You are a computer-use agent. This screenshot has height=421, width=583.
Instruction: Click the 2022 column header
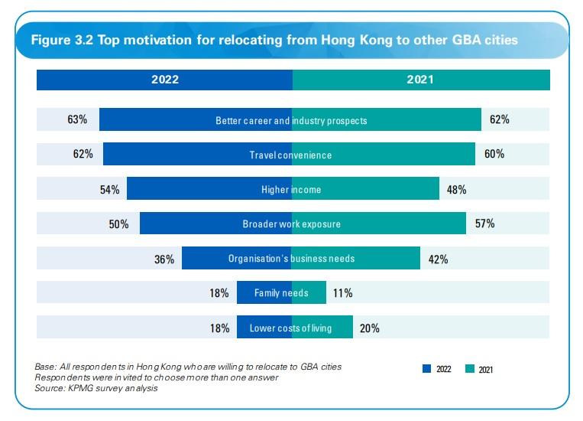click(164, 79)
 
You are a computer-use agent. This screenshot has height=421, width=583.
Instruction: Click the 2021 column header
click(420, 79)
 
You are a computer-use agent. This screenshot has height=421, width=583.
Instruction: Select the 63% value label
click(78, 120)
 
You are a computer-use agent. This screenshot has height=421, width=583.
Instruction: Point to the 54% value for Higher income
click(109, 190)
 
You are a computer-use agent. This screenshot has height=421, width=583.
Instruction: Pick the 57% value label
click(484, 224)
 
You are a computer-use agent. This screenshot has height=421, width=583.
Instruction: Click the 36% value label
click(164, 259)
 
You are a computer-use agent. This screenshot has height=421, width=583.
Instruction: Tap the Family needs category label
click(281, 293)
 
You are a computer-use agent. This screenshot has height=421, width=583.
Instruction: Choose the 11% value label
click(342, 293)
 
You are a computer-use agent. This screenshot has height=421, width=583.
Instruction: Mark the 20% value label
click(369, 328)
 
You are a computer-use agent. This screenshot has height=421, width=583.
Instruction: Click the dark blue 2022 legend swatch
click(426, 369)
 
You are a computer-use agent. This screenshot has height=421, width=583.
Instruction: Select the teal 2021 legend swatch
click(469, 369)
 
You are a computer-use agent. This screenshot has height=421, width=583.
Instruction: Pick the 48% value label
click(456, 190)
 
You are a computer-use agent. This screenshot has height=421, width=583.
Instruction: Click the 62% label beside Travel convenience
click(83, 155)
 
